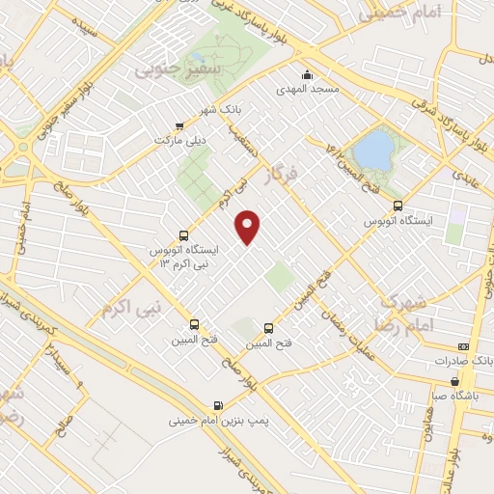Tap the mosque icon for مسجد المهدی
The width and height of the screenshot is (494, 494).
pos(307,75)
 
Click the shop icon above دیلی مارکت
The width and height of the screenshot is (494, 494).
pos(179,125)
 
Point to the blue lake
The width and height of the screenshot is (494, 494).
pos(373,150)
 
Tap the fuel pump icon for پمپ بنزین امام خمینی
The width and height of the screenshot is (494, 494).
pos(217,405)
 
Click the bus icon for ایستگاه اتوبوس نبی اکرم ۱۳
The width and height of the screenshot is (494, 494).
pos(183,234)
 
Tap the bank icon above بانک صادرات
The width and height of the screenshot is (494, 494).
pos(463,345)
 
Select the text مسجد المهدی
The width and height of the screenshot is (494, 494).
pos(308,90)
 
